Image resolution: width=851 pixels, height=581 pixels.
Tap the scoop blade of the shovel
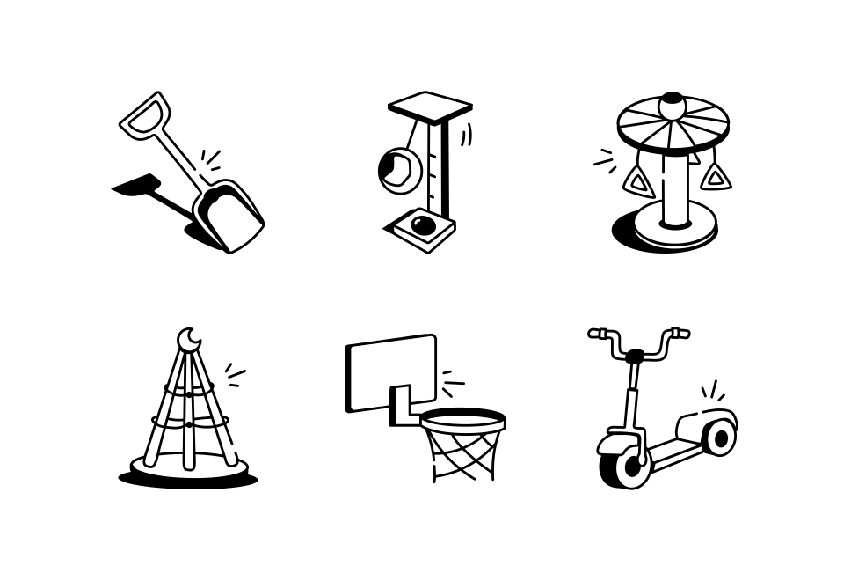(x=230, y=217)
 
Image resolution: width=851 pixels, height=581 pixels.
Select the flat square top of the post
(x=430, y=105)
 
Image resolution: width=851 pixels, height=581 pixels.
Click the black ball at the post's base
(x=423, y=225)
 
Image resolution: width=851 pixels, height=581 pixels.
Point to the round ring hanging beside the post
(x=395, y=169)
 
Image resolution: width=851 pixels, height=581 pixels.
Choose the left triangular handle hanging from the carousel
(x=637, y=180)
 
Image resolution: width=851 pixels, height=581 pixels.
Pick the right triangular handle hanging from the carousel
(x=716, y=177)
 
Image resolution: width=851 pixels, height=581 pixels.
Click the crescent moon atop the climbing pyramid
(x=188, y=339)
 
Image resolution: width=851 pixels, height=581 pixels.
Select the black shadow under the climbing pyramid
(x=188, y=481)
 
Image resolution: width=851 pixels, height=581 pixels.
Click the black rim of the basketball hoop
(x=462, y=419)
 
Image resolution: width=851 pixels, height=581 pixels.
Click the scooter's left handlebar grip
(x=598, y=334)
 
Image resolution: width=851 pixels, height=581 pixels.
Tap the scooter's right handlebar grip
(x=679, y=333)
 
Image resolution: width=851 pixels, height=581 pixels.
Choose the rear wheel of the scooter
(x=720, y=437)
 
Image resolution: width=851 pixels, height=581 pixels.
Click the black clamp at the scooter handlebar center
(x=635, y=357)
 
